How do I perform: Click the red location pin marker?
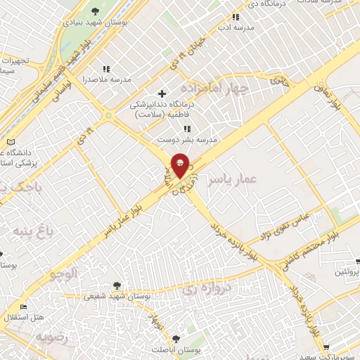pos(180,165)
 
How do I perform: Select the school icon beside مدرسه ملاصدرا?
pos(107,69)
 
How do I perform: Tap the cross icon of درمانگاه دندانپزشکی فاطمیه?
pos(162,94)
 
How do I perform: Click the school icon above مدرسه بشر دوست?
pos(186,129)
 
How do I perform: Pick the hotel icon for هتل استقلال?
pos(24,307)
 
